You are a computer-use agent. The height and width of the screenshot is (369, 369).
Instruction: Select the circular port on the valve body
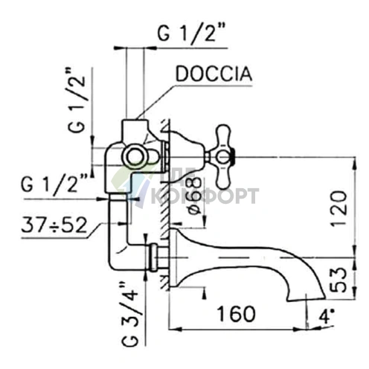[x=136, y=155]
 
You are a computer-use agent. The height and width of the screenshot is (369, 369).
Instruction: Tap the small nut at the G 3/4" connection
[x=153, y=257]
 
